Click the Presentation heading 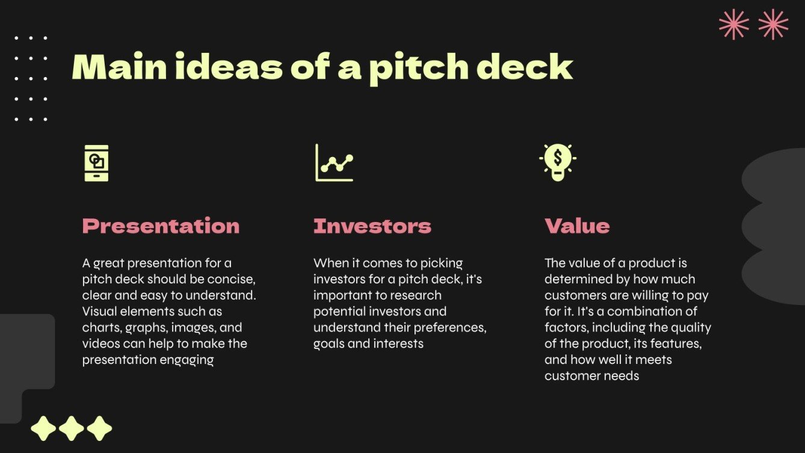pyautogui.click(x=161, y=226)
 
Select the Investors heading pyautogui.click(x=372, y=226)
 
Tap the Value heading pyautogui.click(x=577, y=226)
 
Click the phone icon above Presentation pyautogui.click(x=96, y=162)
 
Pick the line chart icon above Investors pyautogui.click(x=334, y=162)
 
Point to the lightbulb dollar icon pyautogui.click(x=558, y=161)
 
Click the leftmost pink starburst pyautogui.click(x=734, y=25)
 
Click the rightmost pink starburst pyautogui.click(x=773, y=25)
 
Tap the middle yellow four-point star pyautogui.click(x=72, y=428)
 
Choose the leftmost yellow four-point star pyautogui.click(x=43, y=428)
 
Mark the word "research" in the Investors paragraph pyautogui.click(x=416, y=295)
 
